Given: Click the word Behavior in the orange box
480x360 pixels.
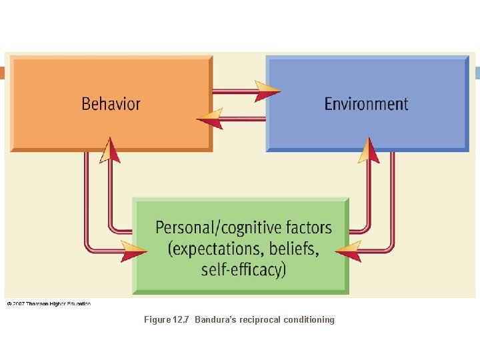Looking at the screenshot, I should [111, 104].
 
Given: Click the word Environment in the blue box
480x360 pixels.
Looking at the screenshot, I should [366, 104].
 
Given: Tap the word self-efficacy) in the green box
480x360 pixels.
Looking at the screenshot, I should [243, 269].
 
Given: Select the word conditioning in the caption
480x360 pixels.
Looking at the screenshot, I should [309, 320].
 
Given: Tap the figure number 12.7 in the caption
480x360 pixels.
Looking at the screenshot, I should [181, 320].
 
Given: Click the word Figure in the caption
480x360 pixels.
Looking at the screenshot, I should [157, 320].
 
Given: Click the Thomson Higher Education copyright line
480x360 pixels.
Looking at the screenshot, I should [49, 304].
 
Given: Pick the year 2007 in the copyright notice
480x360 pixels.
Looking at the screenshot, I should [19, 304].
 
